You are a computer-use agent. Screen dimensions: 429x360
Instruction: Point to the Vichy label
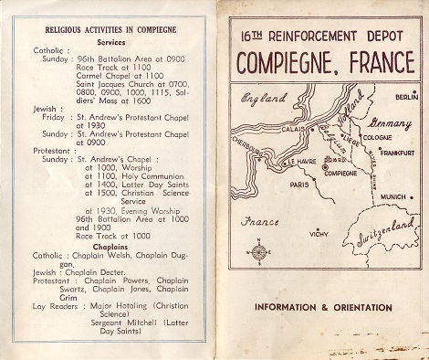point(319,235)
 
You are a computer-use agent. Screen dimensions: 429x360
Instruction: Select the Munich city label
point(394,197)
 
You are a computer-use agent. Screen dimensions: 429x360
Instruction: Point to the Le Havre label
point(277,162)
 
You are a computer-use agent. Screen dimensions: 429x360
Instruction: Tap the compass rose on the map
point(258,252)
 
